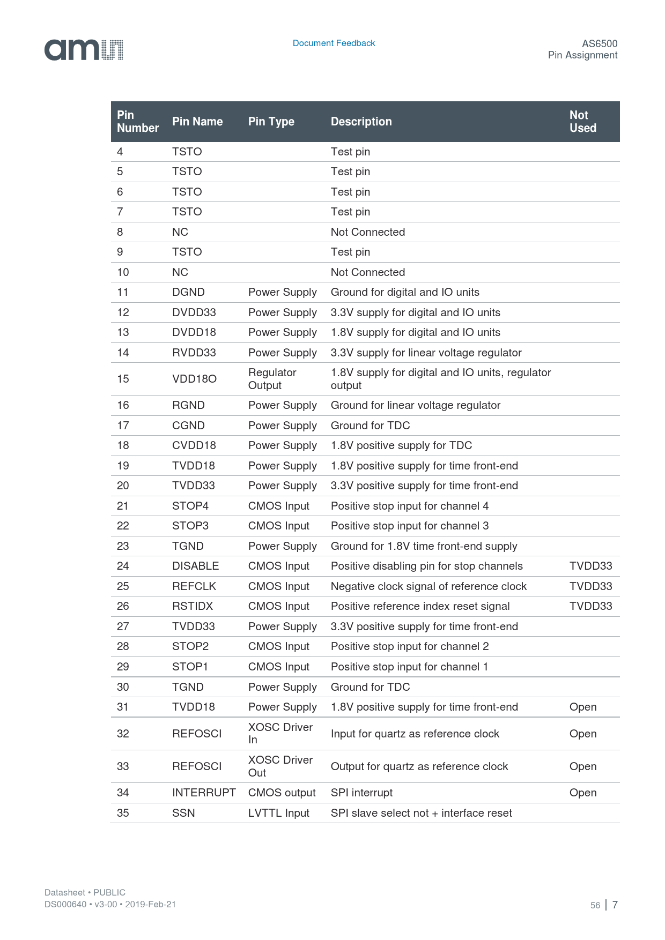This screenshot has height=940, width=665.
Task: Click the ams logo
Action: coord(84,50)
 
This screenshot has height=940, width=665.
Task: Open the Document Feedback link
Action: coord(334,43)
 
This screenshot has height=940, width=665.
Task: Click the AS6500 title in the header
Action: coord(600,43)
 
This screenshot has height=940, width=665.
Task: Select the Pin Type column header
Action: coord(271,122)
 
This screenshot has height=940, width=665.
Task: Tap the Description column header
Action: coord(361,122)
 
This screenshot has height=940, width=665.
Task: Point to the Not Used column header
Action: coord(582,122)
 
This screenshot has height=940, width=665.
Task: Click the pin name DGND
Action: coord(188,292)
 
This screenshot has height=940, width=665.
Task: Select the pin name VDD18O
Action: coord(194,379)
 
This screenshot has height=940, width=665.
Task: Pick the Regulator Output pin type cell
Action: coord(272,379)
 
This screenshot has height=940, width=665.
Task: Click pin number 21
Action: coord(123,506)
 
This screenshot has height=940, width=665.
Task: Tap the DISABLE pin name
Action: coord(195,566)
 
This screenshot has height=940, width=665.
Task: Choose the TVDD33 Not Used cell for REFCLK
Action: coord(590,586)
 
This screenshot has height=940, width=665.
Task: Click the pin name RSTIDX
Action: coord(193,606)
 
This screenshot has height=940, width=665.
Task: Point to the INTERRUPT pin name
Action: coord(204,793)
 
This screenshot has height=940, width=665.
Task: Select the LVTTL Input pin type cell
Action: coord(278,813)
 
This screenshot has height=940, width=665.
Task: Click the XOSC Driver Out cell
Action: coord(280,766)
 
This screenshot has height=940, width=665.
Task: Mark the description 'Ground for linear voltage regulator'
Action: coord(415,405)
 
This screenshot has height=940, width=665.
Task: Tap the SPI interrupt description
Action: coord(361,793)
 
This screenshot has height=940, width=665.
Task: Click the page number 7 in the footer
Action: coord(615,905)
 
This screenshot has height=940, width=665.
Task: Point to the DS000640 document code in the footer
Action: coord(65,904)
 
